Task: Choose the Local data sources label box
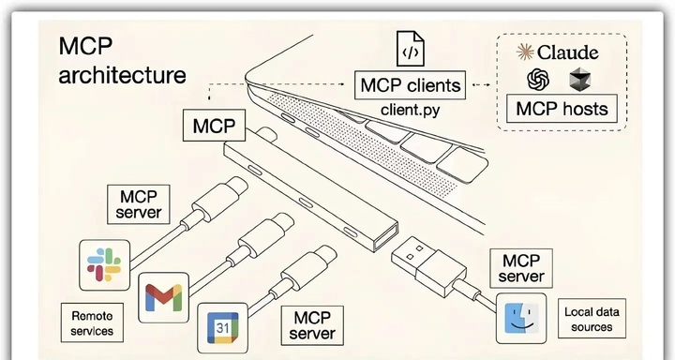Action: tap(592, 319)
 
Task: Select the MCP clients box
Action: tap(411, 86)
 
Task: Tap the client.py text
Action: tap(411, 110)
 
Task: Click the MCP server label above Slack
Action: tap(140, 203)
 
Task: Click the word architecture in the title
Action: tap(121, 75)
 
